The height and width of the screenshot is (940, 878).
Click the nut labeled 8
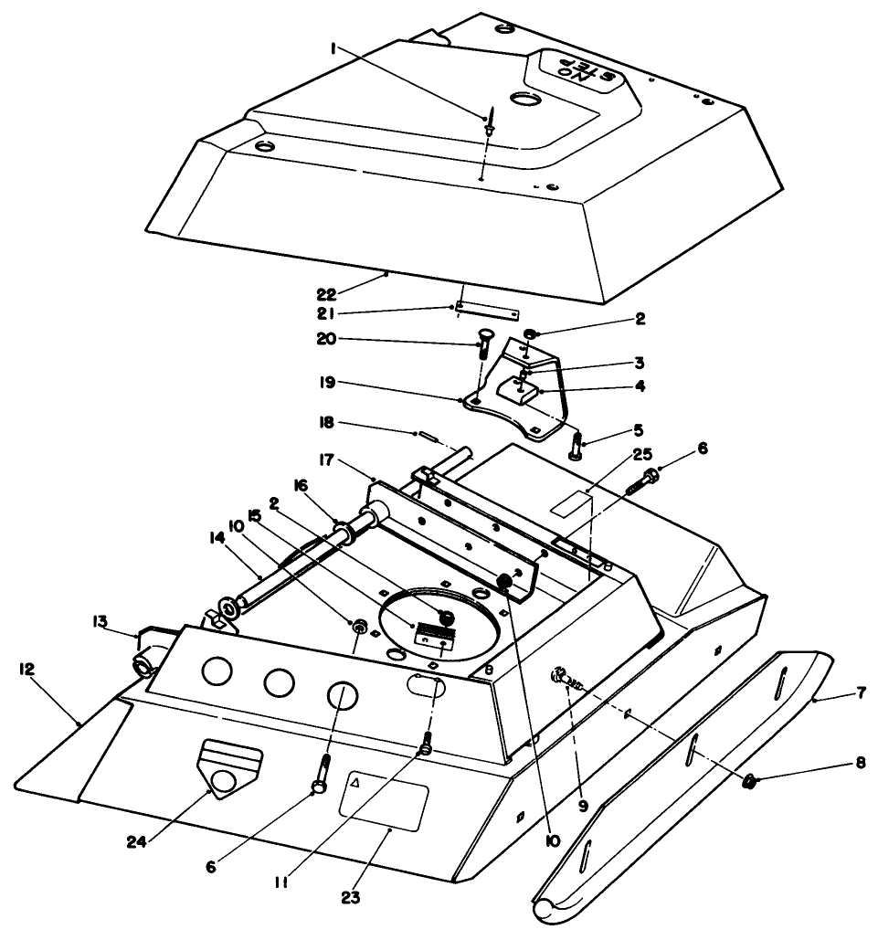tap(750, 780)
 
